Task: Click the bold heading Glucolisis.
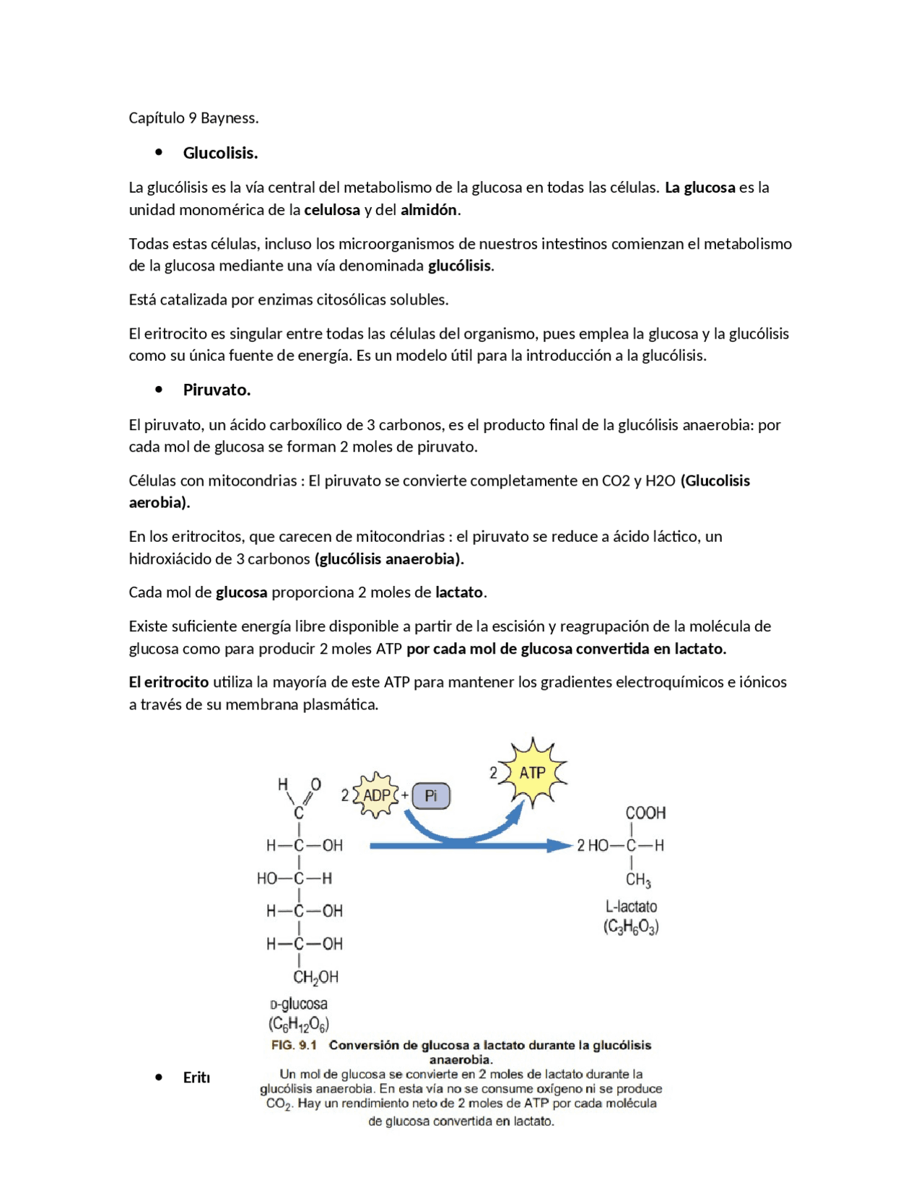(x=220, y=153)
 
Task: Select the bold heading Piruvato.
(x=217, y=390)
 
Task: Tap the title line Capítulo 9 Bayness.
(x=193, y=118)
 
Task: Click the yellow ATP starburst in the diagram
(x=533, y=773)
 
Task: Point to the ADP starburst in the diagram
(x=376, y=795)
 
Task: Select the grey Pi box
(x=431, y=796)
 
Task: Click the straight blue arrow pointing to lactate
(x=469, y=846)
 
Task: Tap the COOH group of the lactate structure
(x=645, y=813)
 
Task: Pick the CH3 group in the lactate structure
(x=638, y=880)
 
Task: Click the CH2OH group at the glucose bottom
(x=315, y=977)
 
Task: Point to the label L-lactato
(x=631, y=906)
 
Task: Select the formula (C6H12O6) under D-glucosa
(x=299, y=1024)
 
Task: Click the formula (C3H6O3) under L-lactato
(x=631, y=927)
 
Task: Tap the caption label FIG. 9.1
(x=294, y=1045)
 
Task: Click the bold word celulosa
(x=332, y=210)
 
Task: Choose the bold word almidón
(x=429, y=210)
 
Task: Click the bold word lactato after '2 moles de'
(x=459, y=592)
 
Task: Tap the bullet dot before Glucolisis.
(x=159, y=152)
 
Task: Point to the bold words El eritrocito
(x=169, y=682)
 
